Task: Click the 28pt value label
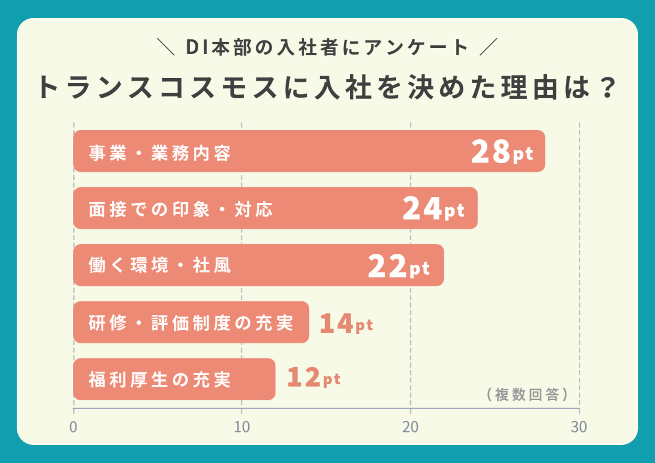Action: (502, 152)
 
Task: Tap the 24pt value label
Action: (433, 209)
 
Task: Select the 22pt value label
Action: (399, 267)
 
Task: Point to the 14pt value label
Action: (346, 324)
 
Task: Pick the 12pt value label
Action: (313, 378)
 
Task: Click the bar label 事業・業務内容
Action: (160, 153)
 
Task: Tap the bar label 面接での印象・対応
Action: (181, 210)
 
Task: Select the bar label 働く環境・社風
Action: (160, 266)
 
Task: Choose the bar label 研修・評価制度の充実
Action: (191, 323)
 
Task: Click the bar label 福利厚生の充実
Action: (160, 380)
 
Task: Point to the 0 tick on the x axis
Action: (73, 427)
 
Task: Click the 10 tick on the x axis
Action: (242, 427)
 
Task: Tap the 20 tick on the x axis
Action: (410, 427)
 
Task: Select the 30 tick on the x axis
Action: (579, 427)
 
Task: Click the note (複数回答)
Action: (527, 394)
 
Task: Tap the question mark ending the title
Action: (608, 87)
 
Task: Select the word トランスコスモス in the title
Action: (157, 87)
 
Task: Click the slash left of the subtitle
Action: (166, 47)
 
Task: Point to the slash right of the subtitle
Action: (489, 47)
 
